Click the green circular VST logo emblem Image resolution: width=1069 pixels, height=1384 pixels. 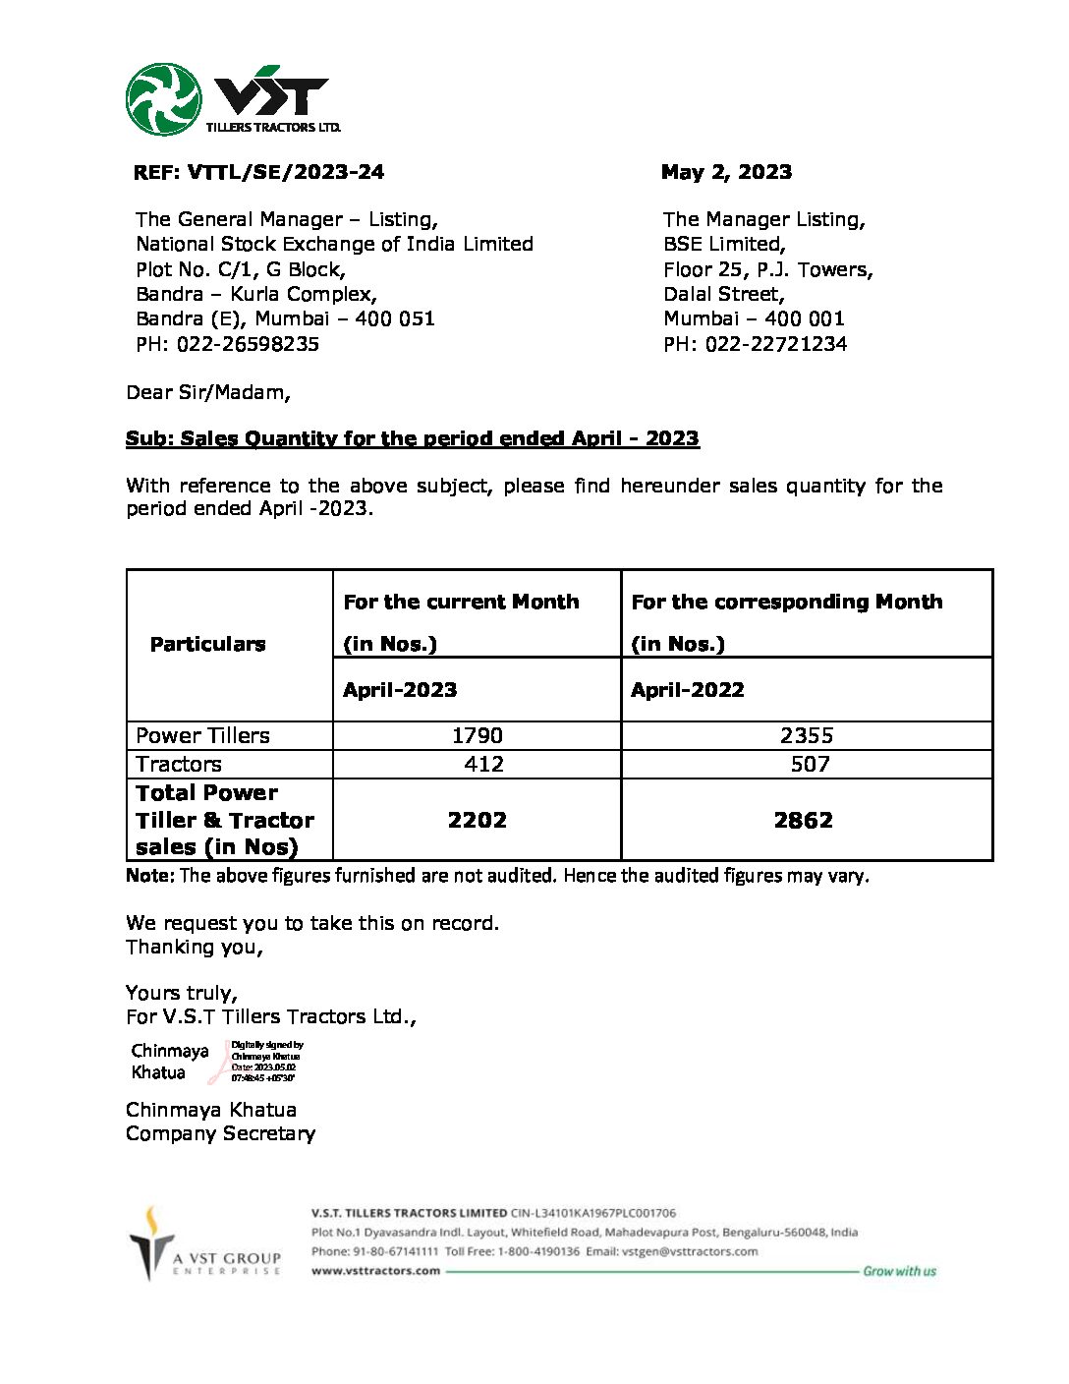[163, 99]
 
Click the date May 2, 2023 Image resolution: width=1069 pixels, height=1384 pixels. [726, 172]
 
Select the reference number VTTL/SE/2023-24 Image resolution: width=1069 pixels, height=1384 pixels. [285, 172]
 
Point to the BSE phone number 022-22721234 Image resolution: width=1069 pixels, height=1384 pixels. [775, 344]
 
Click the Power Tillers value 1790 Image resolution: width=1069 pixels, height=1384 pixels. [477, 735]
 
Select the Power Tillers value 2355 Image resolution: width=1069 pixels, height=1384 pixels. [806, 735]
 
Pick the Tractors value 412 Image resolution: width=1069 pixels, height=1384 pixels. [483, 764]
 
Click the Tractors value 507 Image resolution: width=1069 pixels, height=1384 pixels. [810, 764]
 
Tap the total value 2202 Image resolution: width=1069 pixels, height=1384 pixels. [477, 820]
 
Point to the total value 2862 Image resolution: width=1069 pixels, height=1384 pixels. [803, 820]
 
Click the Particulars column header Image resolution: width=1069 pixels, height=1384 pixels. [207, 644]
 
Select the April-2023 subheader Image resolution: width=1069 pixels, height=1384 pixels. [400, 690]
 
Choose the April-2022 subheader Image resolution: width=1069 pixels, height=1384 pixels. [687, 690]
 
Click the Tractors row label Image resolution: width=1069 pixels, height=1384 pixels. [179, 764]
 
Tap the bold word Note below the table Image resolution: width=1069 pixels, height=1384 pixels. [149, 875]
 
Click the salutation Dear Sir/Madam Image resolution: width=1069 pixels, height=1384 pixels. [208, 392]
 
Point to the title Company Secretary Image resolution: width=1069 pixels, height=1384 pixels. [220, 1133]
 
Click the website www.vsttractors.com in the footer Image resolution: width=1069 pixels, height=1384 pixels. [375, 1270]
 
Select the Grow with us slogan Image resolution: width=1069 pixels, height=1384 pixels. [899, 1271]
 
